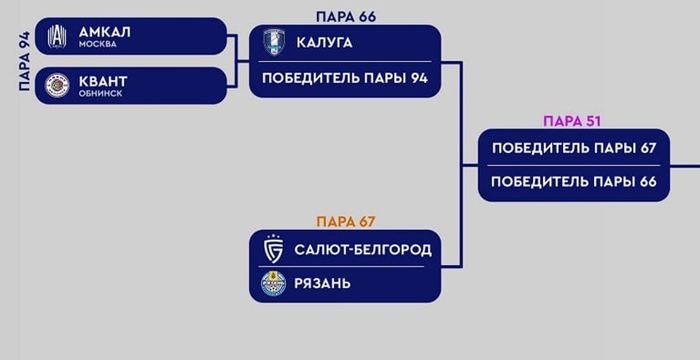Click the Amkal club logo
point(57,36)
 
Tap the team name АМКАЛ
point(104,31)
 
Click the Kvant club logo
point(57,85)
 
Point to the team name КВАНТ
point(103,81)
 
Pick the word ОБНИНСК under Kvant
point(101,94)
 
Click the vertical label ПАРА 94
point(26,61)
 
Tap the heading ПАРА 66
point(346,16)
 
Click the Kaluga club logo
point(274,42)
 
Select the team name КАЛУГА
point(324,43)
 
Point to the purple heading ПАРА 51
point(572,121)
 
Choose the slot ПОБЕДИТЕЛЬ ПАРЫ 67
point(574,148)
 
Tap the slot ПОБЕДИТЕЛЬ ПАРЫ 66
point(574,181)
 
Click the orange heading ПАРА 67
point(346,222)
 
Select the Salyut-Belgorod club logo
point(273,250)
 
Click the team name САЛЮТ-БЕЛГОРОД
point(362,250)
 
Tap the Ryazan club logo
point(273,283)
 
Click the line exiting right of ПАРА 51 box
point(685,165)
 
